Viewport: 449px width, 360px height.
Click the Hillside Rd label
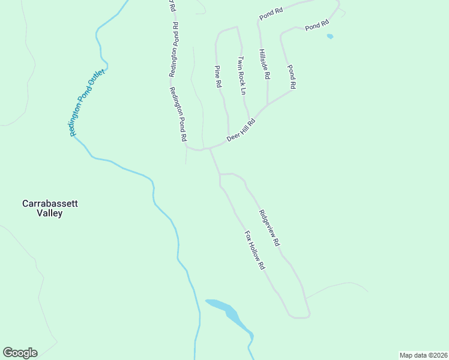(x=264, y=65)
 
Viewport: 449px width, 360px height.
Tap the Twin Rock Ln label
(x=242, y=76)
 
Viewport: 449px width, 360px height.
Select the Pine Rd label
(x=218, y=77)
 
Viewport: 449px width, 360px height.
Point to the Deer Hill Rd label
(x=241, y=130)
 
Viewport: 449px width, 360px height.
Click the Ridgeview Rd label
(x=270, y=229)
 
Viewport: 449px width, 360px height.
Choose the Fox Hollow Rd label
(x=255, y=250)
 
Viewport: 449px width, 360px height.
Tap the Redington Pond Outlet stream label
(x=87, y=103)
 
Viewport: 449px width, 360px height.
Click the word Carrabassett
(x=50, y=203)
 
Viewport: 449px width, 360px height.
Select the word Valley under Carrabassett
(x=50, y=213)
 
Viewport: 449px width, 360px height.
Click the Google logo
(x=20, y=353)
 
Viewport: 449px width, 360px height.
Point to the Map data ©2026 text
(x=423, y=355)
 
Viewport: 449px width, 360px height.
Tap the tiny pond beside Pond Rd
(x=330, y=37)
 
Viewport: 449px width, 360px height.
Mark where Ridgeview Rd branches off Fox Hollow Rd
(x=220, y=174)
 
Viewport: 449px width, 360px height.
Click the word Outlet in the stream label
(x=97, y=80)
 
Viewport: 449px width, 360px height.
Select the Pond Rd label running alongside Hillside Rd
(x=291, y=77)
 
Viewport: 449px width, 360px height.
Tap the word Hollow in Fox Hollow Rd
(x=254, y=249)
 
